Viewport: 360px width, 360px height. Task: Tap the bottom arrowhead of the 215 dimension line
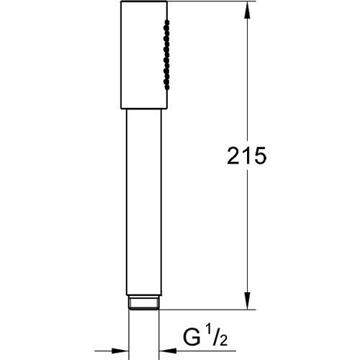pyautogui.click(x=248, y=302)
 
